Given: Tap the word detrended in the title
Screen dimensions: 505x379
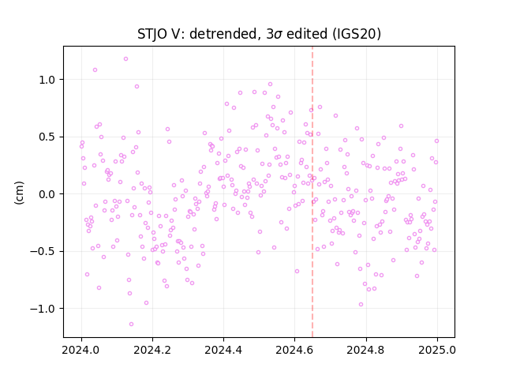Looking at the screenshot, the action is [225, 34].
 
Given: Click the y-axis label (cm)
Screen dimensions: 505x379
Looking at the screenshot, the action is [19, 193].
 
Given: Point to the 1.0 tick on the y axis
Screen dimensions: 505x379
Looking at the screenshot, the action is [47, 80].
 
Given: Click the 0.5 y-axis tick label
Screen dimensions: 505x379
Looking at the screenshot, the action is [47, 137].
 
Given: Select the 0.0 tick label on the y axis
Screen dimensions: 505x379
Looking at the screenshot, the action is [47, 194].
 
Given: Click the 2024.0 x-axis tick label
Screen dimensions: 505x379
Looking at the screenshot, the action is [81, 350].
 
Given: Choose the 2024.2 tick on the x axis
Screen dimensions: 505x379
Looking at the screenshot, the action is [152, 350].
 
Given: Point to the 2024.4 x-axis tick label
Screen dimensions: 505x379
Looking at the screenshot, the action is [223, 350].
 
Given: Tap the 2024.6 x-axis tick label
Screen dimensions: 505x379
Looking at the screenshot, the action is [294, 350].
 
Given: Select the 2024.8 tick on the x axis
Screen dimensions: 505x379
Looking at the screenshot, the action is [365, 350].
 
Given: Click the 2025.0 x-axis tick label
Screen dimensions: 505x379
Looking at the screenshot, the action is [437, 350].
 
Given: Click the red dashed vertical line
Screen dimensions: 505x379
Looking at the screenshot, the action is [312, 192].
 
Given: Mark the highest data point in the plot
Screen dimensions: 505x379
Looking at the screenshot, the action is [126, 59].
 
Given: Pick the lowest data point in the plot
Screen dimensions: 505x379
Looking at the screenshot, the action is [132, 325].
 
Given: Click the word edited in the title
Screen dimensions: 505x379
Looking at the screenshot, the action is [307, 34].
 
